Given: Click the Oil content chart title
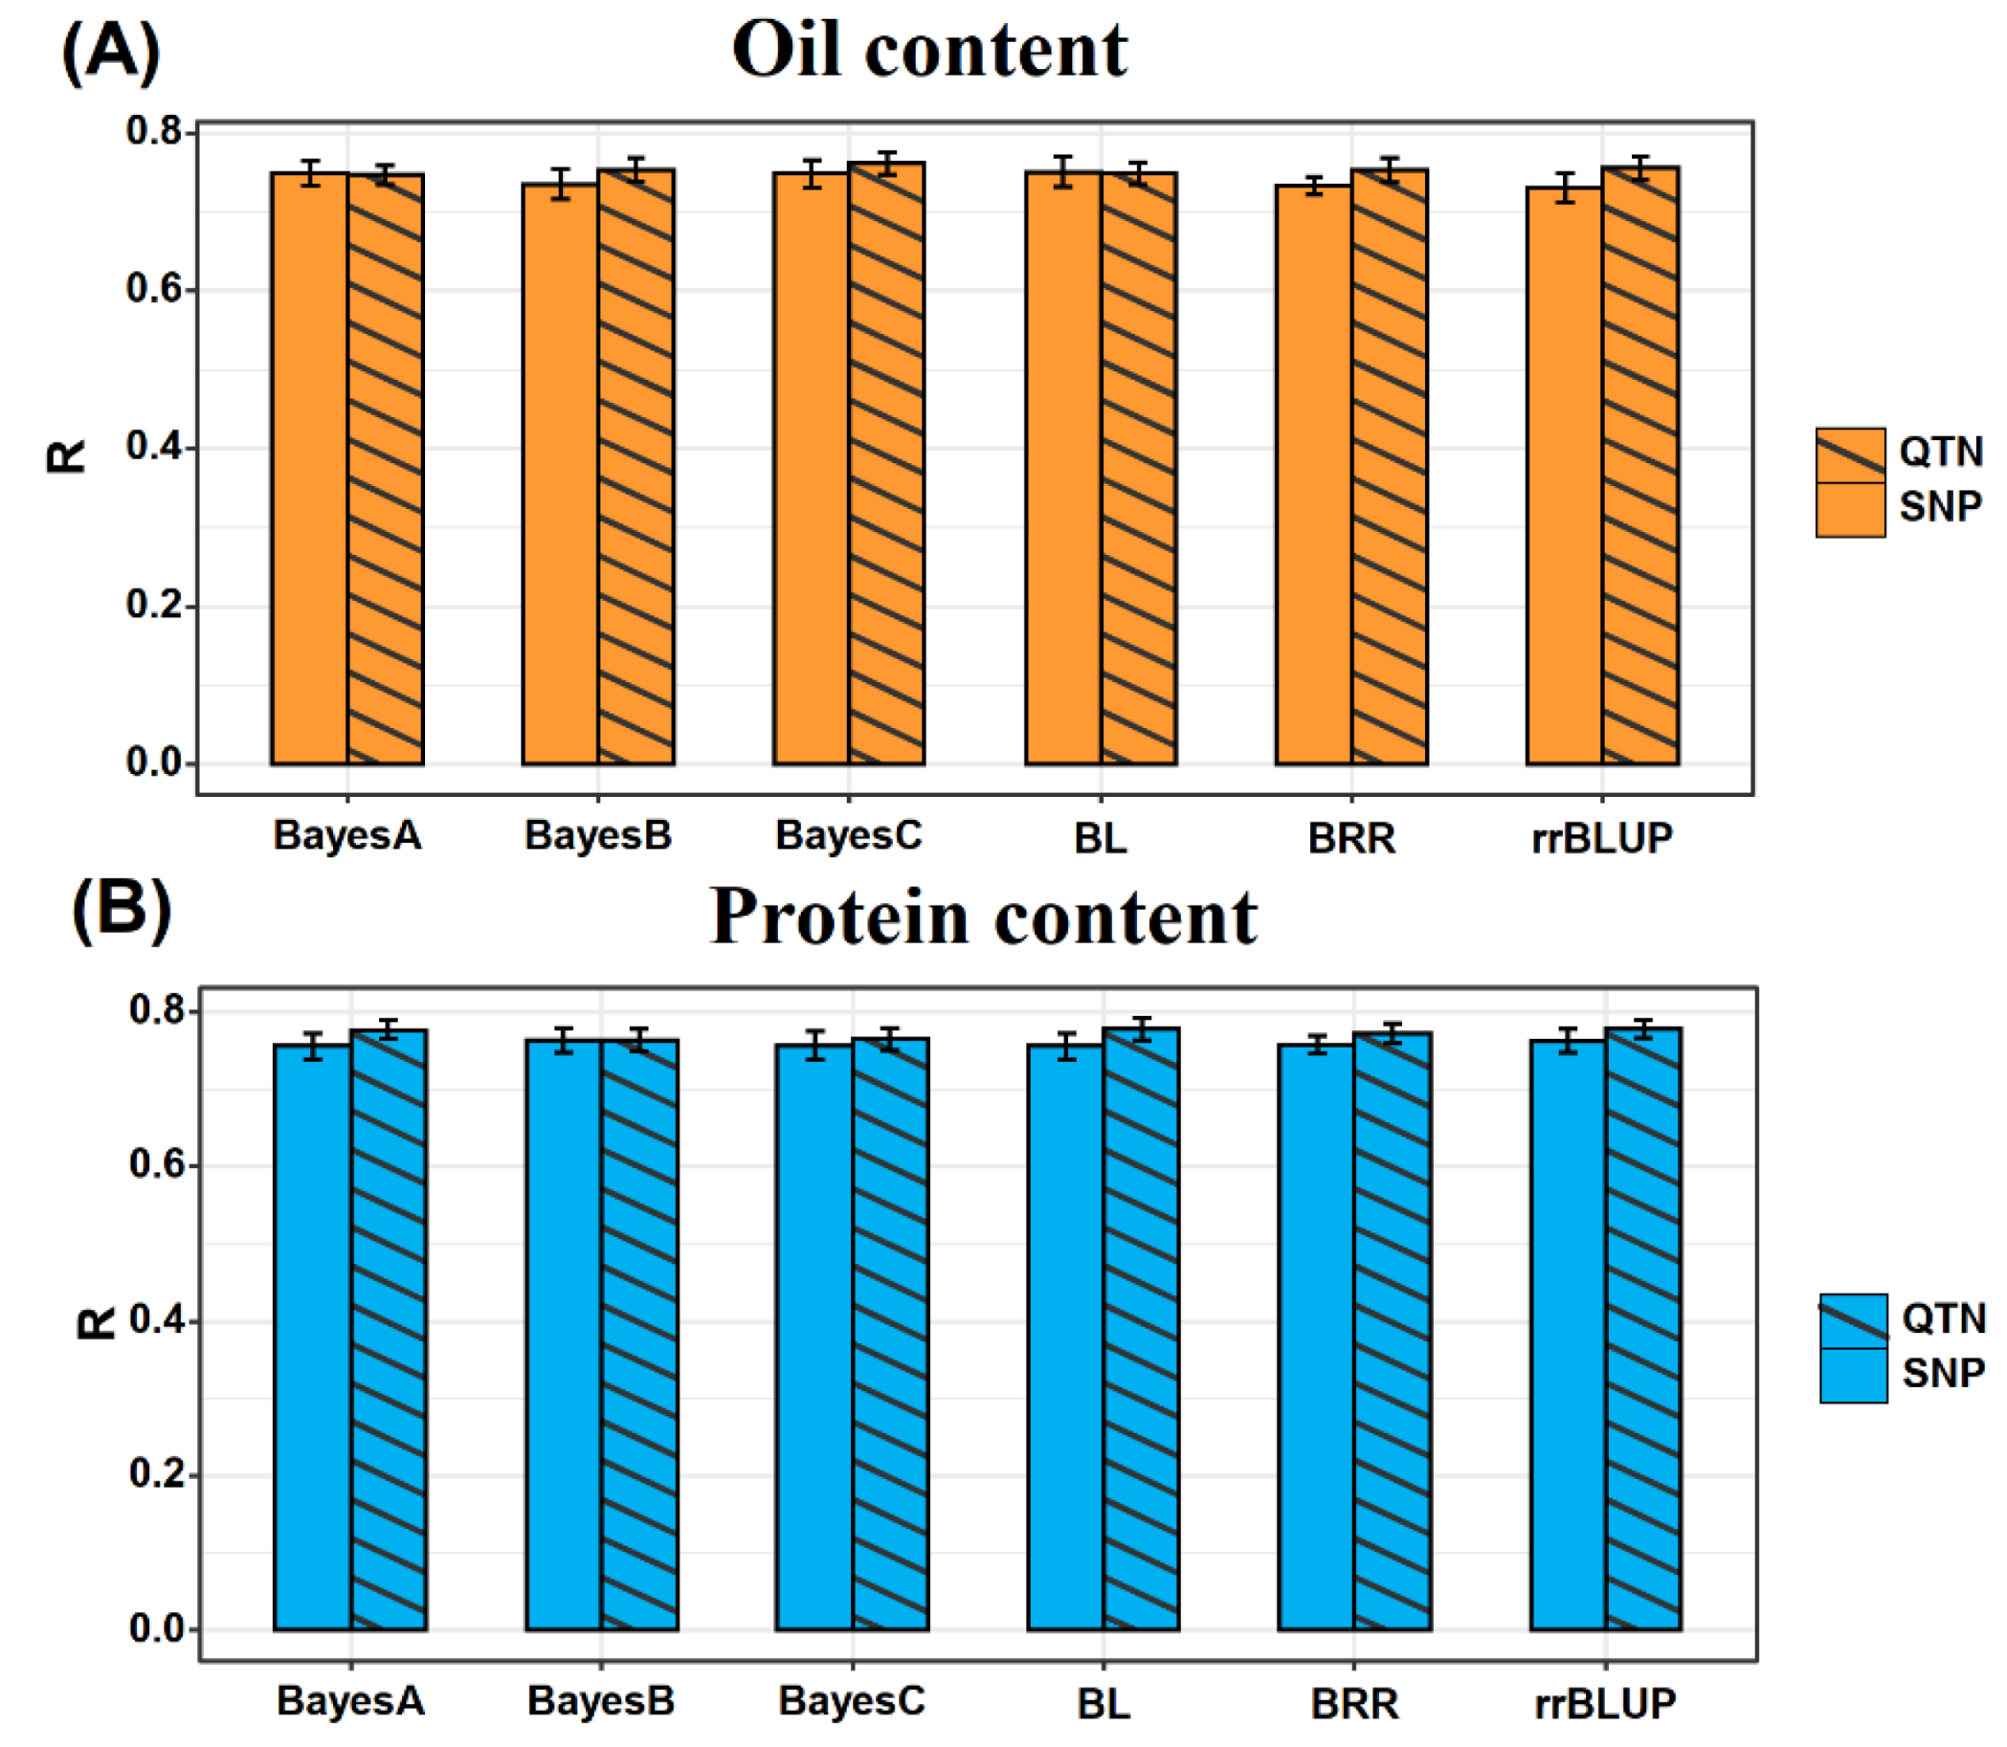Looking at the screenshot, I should [928, 51].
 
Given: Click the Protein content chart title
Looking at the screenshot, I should [983, 918].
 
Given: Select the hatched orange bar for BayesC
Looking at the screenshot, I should [885, 468].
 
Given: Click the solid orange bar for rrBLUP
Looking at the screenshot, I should [1564, 477].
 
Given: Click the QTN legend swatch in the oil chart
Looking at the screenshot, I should [1849, 454].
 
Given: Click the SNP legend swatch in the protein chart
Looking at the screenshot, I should [1853, 1376].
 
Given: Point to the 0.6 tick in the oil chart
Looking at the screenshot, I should [156, 290].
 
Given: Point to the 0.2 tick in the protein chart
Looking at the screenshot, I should [159, 1475].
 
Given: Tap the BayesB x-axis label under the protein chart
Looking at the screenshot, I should [601, 1701].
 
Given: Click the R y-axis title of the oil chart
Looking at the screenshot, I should [66, 456].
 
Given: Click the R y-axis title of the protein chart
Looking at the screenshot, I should [96, 1323].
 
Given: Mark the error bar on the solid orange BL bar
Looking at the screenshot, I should [1063, 171].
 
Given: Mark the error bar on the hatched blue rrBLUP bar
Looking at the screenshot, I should [1643, 1028].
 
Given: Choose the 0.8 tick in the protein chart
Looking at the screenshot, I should [159, 1011].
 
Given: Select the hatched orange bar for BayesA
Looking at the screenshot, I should [385, 468].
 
